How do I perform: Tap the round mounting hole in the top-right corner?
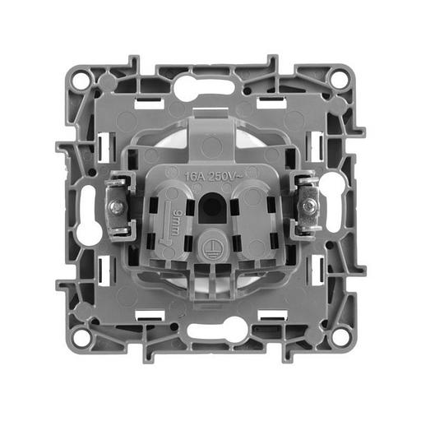(x=339, y=80)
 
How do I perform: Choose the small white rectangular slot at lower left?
(x=149, y=315)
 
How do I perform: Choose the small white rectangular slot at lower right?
(x=270, y=315)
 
